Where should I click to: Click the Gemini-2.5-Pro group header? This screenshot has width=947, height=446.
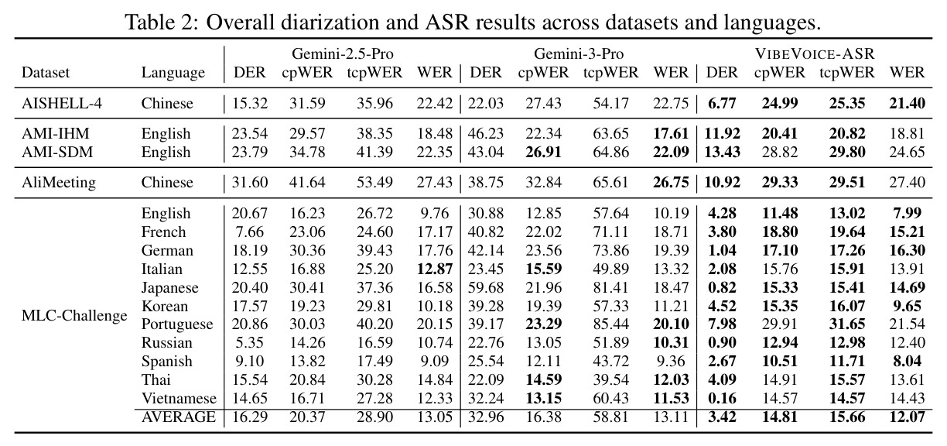coord(343,53)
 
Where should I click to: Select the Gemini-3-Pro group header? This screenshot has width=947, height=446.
coord(579,53)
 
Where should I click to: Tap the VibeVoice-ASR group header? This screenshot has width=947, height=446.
coord(815,53)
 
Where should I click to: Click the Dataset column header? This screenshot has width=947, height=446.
coord(45,72)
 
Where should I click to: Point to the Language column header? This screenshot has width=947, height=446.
coord(173,73)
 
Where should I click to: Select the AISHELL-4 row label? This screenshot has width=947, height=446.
coord(62,103)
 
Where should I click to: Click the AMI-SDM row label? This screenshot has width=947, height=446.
coord(57,152)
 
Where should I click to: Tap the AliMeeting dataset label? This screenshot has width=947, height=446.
coord(59,183)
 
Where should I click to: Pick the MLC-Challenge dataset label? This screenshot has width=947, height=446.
coord(74,315)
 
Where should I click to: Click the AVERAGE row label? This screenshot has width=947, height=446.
coord(179,417)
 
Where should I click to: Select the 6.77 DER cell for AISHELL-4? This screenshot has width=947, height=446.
coord(722,103)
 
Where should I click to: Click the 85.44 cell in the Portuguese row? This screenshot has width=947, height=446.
coord(611,324)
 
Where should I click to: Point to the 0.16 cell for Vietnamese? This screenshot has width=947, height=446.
coord(722,398)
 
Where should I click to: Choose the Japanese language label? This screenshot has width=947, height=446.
coord(169,288)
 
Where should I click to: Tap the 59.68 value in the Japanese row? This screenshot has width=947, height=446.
coord(486,287)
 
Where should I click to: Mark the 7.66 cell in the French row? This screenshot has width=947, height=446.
coord(250,232)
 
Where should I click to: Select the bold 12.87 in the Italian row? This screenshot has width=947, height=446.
coord(435,269)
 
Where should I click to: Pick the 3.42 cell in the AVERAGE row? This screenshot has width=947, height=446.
coord(722,417)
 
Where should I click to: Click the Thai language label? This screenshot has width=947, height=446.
coord(156,379)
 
